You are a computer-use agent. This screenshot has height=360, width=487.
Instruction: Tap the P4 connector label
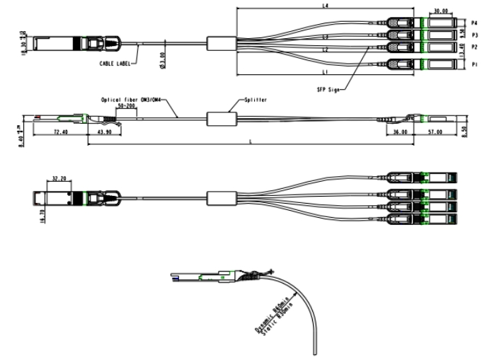pyautogui.click(x=474, y=23)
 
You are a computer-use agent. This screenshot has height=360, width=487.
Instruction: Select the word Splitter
pyautogui.click(x=256, y=100)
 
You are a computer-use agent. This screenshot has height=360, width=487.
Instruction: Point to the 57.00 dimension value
pyautogui.click(x=435, y=132)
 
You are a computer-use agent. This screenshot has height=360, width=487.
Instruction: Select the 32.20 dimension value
pyautogui.click(x=59, y=179)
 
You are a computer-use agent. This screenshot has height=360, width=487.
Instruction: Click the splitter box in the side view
pyautogui.click(x=221, y=119)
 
